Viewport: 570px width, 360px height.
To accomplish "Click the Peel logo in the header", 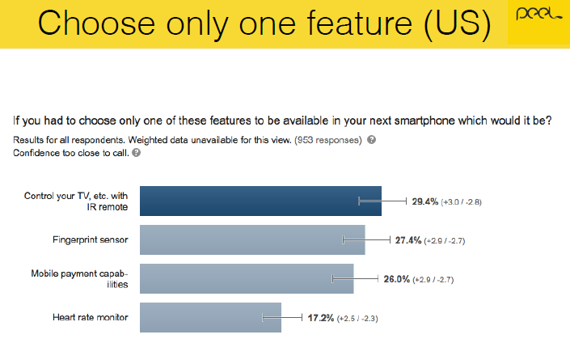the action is pos(538,14).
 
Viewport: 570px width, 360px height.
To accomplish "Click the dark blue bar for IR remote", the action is pos(260,201).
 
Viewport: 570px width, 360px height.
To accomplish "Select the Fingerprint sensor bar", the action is pos(252,239).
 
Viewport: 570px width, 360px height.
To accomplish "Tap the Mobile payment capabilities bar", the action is pos(247,278).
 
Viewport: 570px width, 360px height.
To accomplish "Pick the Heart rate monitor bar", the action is pos(210,317).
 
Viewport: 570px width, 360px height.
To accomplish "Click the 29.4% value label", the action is pos(425,201).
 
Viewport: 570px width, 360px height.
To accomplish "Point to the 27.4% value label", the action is pos(408,240).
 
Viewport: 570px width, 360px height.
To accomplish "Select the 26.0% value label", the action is pos(397,279).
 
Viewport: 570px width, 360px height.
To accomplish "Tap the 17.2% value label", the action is pos(321,318).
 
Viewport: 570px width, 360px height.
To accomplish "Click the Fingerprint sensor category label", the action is pos(91,240).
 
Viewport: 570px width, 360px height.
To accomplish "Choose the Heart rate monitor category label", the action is pos(91,317).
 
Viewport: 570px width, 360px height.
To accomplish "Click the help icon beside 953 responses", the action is pos(372,140).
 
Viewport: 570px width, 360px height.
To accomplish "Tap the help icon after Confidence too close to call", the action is pos(137,153).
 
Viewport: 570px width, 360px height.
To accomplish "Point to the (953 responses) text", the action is pos(328,140).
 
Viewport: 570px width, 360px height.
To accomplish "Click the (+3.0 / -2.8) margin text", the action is pos(462,202).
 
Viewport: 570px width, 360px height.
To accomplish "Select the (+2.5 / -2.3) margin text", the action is pos(357,319).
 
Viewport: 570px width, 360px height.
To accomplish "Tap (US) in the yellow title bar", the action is pos(458,24).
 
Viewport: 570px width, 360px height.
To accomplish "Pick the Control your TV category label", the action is pos(76,201).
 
